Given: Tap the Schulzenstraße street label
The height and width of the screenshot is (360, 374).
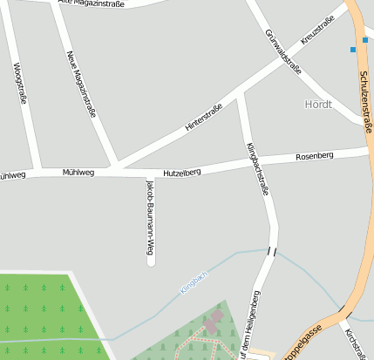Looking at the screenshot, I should (x=364, y=97).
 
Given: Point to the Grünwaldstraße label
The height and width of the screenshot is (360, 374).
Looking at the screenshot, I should (x=282, y=53).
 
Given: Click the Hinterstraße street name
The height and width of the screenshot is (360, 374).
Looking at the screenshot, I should (x=204, y=117).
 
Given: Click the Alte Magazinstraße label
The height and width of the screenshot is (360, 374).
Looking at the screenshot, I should (x=91, y=3).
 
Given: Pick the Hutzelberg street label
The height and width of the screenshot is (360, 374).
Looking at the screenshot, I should (x=182, y=173).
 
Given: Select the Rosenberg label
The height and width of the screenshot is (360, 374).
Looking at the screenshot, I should (x=315, y=156).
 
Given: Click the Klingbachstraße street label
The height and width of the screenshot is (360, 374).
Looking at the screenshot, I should (x=257, y=167).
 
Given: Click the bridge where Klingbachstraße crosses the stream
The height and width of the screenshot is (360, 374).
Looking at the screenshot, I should (x=272, y=252).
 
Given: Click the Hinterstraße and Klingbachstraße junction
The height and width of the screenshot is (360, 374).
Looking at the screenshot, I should (x=241, y=92).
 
